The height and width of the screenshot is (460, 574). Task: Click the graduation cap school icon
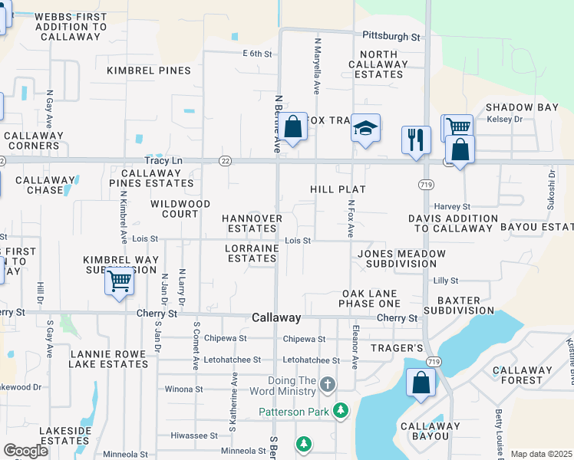[366, 128]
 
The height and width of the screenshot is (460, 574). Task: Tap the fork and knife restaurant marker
[416, 140]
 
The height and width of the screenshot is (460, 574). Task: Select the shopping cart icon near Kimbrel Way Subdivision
[119, 281]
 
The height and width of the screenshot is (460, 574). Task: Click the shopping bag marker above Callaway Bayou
[421, 384]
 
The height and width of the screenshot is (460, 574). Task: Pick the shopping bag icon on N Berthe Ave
[293, 127]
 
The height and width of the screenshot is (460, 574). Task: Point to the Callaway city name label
[276, 317]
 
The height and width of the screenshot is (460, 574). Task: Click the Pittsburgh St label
[392, 36]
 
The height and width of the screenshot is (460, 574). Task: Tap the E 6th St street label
[257, 53]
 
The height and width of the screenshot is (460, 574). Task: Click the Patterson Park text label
[293, 412]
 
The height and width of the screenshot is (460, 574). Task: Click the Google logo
[25, 450]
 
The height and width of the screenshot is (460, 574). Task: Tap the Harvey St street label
[452, 206]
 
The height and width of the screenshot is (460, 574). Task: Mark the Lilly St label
[445, 281]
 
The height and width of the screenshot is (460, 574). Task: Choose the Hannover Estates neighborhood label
[252, 223]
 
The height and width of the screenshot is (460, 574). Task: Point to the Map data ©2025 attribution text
[541, 454]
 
